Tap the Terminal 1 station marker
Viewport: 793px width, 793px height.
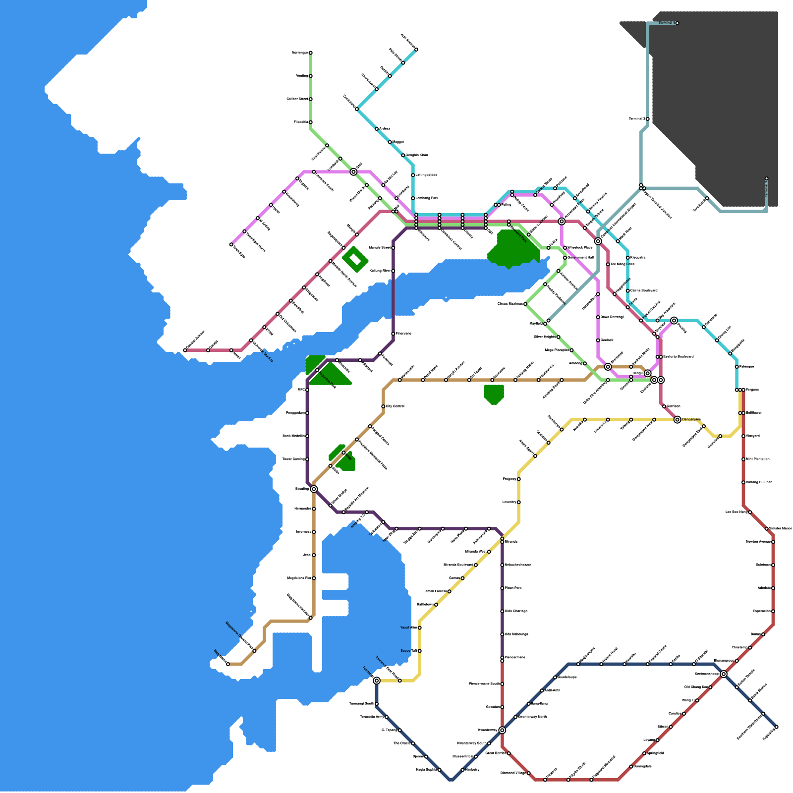point(766,179)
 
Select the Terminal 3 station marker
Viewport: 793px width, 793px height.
point(647,119)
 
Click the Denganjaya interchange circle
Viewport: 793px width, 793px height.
point(677,420)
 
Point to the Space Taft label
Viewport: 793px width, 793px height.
point(409,651)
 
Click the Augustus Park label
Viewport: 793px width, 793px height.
point(327,380)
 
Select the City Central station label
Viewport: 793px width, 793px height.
point(396,406)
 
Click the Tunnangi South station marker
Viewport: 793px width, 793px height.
point(377,704)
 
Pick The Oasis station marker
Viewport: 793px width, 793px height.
point(413,743)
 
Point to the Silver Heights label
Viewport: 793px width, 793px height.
point(545,337)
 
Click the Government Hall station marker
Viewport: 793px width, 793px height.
point(565,258)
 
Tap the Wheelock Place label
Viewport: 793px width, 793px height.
point(580,247)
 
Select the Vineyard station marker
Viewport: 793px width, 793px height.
point(743,436)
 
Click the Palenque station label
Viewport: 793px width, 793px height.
point(746,367)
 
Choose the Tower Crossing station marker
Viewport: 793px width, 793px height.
point(307,459)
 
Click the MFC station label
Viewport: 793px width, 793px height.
point(300,390)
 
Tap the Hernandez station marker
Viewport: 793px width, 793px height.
point(314,509)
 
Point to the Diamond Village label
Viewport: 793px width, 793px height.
point(513,773)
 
